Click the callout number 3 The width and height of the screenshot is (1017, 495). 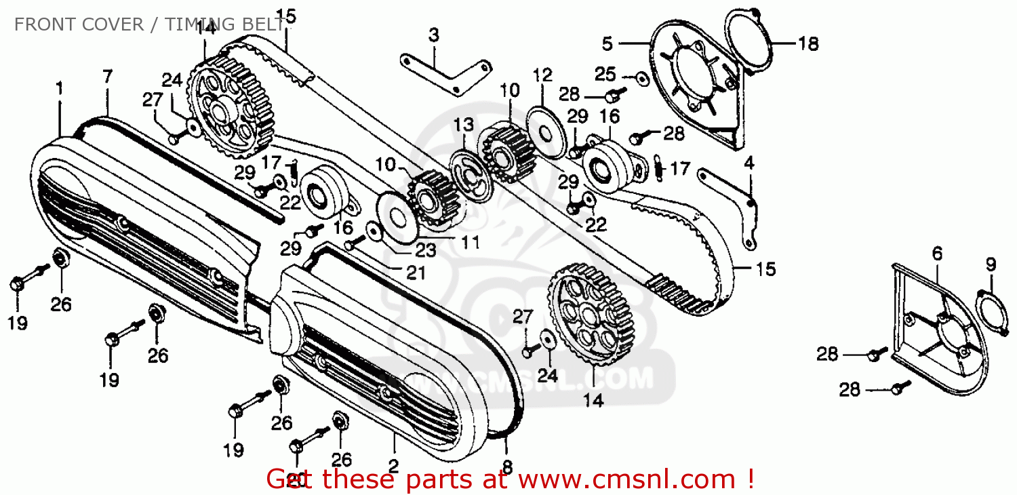click(433, 34)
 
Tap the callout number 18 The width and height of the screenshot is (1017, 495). click(807, 44)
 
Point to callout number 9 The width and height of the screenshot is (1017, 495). click(991, 264)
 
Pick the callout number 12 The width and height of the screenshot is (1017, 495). click(543, 75)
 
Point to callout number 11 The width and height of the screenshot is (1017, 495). click(469, 241)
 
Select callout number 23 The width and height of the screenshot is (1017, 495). click(426, 250)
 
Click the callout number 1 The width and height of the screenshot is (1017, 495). click(60, 88)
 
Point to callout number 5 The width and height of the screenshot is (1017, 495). click(607, 44)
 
